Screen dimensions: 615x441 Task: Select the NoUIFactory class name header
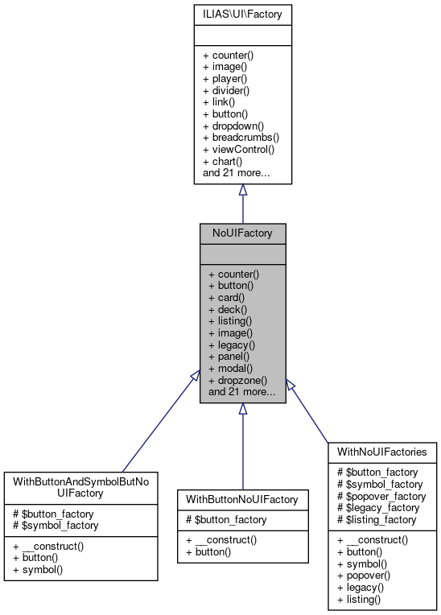pos(242,233)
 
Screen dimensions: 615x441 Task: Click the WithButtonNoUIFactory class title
pos(242,499)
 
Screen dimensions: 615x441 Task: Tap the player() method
pos(229,79)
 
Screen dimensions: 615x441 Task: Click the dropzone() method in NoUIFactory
pos(237,380)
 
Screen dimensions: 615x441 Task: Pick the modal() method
pos(230,368)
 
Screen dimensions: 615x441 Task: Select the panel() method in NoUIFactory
pos(230,356)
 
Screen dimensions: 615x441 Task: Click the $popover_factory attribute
pos(381,497)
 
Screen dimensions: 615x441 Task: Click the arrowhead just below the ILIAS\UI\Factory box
pos(242,190)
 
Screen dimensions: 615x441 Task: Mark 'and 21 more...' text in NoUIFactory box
pos(242,392)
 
